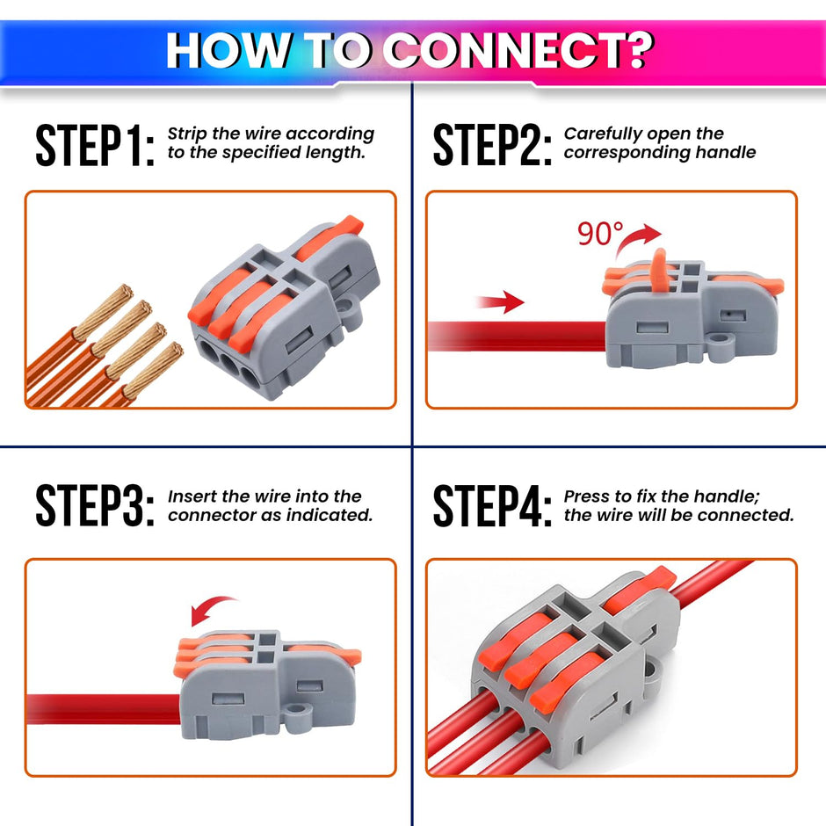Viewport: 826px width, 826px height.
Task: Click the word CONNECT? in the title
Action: pyautogui.click(x=518, y=51)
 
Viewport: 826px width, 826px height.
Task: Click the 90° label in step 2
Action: pyautogui.click(x=599, y=235)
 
